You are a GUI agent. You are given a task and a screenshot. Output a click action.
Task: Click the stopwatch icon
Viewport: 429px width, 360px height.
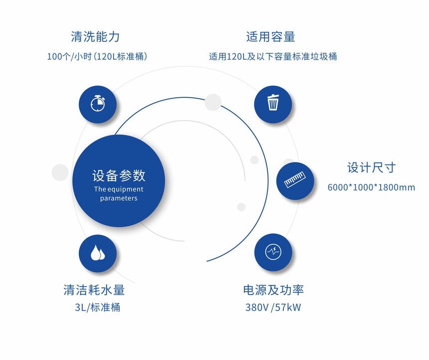tap(98, 103)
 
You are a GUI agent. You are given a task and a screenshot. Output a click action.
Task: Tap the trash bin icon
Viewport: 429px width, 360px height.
tap(273, 102)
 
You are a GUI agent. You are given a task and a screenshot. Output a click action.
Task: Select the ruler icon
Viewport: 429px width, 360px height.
tap(295, 180)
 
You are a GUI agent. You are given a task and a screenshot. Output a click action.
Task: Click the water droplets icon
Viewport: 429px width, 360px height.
tap(98, 252)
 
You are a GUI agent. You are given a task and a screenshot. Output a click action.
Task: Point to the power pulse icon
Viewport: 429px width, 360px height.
tap(273, 252)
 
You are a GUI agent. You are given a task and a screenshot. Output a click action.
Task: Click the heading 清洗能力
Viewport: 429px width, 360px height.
tap(95, 37)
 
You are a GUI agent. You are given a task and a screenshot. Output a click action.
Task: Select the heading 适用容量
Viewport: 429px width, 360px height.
tap(270, 37)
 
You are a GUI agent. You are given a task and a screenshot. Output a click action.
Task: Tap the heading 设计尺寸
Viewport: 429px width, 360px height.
tap(371, 168)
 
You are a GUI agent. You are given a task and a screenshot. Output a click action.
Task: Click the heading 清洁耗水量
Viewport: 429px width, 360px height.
tap(94, 290)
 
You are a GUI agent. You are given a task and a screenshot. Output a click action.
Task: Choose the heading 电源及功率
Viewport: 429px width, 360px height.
tap(273, 290)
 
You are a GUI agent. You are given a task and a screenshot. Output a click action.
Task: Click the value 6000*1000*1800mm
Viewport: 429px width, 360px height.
tap(371, 187)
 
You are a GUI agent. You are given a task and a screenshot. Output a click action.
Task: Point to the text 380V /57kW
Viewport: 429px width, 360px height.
tap(273, 307)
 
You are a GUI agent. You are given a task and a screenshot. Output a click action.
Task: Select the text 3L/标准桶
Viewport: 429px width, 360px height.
tap(97, 307)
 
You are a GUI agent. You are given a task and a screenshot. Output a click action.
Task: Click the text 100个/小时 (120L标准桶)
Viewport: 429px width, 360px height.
tap(97, 56)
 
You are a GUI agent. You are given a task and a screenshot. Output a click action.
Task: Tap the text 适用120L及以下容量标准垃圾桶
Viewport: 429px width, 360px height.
tap(273, 56)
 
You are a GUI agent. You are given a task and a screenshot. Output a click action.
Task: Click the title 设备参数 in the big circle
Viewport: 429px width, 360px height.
tap(118, 176)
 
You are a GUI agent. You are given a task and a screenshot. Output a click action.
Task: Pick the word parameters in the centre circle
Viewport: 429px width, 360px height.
tap(118, 198)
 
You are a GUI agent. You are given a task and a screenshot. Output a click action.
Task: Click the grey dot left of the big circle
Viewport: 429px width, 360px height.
tap(60, 173)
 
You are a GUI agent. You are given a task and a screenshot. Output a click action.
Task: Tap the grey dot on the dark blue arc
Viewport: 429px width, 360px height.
tap(213, 102)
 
